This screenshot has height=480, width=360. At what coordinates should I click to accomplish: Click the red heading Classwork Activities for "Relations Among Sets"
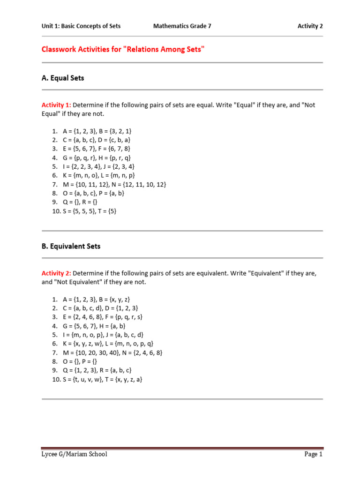click(x=123, y=49)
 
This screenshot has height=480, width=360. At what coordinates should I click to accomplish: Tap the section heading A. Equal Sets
click(x=63, y=78)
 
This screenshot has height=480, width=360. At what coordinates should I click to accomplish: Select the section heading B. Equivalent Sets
click(x=71, y=246)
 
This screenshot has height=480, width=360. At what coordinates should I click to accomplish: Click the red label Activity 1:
click(x=56, y=105)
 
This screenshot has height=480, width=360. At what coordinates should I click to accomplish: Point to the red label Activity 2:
click(x=56, y=273)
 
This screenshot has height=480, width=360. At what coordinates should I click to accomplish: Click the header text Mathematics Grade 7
click(x=182, y=26)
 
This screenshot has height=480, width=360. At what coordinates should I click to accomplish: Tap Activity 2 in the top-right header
click(x=310, y=26)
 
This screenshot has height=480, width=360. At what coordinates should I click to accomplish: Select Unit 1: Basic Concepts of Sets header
click(x=81, y=26)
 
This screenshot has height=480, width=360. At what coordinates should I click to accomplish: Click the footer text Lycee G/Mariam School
click(x=74, y=454)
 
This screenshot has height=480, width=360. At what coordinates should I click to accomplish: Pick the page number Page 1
click(x=313, y=454)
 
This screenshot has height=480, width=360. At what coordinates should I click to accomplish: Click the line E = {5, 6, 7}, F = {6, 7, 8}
click(x=97, y=149)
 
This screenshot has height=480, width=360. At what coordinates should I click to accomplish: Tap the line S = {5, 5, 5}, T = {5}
click(x=90, y=211)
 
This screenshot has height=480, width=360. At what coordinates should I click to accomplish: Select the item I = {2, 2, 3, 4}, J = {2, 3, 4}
click(x=99, y=166)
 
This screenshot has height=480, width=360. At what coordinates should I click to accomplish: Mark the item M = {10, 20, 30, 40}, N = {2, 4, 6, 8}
click(x=113, y=352)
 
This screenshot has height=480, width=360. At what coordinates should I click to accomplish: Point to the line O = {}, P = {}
click(x=80, y=361)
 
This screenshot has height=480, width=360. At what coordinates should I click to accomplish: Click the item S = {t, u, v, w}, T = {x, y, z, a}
click(x=103, y=379)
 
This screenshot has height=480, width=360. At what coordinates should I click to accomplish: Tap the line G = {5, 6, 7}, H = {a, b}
click(x=94, y=326)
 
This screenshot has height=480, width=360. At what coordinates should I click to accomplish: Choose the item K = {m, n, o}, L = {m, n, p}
click(x=98, y=175)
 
